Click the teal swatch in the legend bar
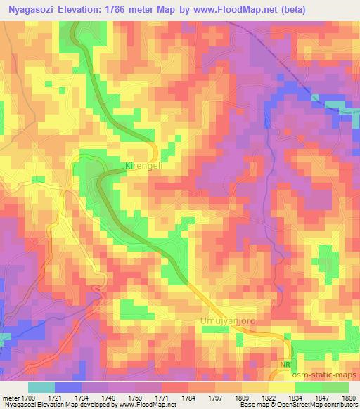click(x=41, y=387)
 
